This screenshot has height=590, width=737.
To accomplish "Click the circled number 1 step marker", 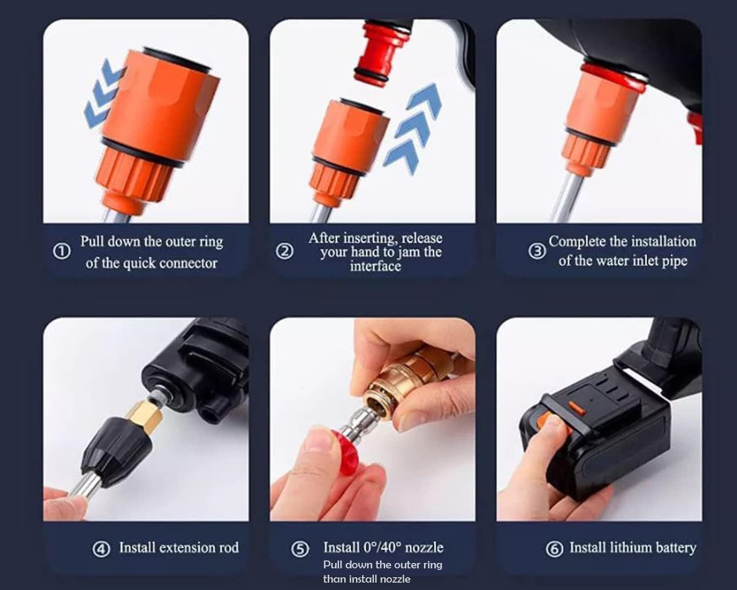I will [61, 252].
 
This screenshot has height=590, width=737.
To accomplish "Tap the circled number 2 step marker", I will [284, 252].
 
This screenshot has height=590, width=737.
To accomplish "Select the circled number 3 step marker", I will [537, 251].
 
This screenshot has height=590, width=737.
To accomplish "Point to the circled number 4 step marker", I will [101, 549].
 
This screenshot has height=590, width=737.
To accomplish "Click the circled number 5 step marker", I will [300, 549].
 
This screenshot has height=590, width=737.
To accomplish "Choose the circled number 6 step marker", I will [554, 549].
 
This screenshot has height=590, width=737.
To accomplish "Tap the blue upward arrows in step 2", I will [413, 128].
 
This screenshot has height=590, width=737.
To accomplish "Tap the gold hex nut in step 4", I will [145, 415].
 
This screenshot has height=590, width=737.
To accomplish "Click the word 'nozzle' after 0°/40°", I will [424, 547].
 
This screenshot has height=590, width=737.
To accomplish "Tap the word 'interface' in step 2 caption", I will [375, 266].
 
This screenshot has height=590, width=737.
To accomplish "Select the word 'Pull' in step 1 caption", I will [92, 241].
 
